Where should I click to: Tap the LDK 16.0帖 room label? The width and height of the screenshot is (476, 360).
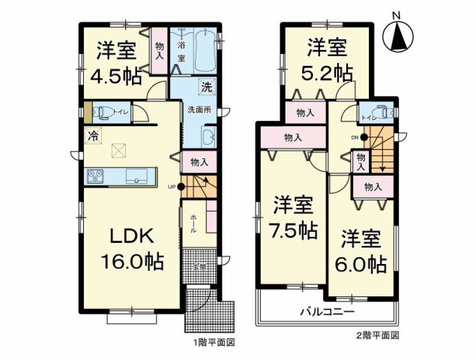tap(133, 250)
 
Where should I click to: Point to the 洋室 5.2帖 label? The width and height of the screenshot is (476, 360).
tap(327, 59)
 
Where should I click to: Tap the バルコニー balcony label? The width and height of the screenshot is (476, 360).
tap(328, 310)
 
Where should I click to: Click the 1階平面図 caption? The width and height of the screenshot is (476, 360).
tap(216, 342)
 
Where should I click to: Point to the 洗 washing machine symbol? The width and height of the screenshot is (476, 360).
tap(205, 86)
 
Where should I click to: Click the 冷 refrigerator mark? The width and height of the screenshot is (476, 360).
tap(93, 136)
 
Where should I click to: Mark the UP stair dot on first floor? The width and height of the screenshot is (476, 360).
tap(181, 186)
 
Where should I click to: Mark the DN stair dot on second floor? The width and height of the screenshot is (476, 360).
tap(364, 137)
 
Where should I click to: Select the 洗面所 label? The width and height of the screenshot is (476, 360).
tap(197, 110)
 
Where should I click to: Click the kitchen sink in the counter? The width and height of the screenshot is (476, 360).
tap(136, 176)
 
